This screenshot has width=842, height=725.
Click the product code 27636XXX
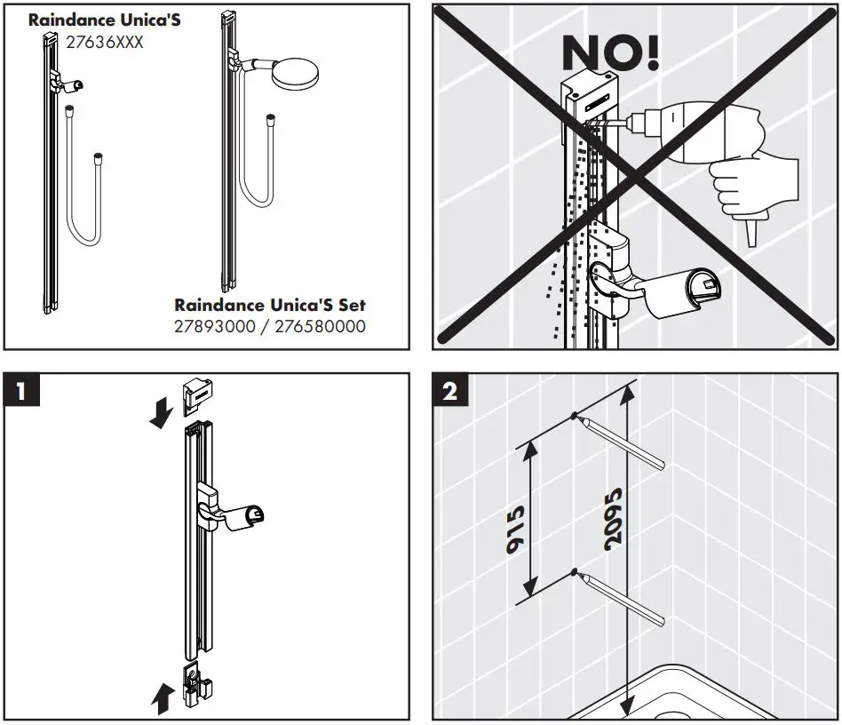click(105, 42)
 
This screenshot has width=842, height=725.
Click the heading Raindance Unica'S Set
click(269, 306)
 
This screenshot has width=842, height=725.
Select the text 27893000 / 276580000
click(269, 326)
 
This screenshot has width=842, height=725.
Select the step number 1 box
click(21, 391)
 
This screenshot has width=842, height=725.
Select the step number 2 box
click(450, 391)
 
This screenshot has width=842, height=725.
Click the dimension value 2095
click(612, 530)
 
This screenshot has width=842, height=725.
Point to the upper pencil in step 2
click(622, 441)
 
